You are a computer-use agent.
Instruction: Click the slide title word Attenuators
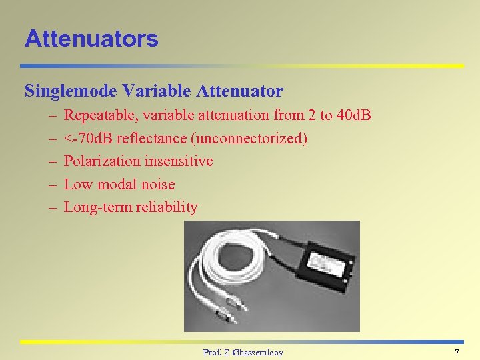(x=91, y=39)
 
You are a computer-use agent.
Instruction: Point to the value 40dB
(x=354, y=115)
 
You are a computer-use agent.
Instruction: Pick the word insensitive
(x=179, y=161)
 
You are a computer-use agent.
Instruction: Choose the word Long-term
(x=97, y=207)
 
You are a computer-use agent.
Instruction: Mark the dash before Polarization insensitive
(x=51, y=161)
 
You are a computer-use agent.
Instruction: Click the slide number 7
(x=457, y=352)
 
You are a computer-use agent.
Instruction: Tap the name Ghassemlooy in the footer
(x=257, y=352)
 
